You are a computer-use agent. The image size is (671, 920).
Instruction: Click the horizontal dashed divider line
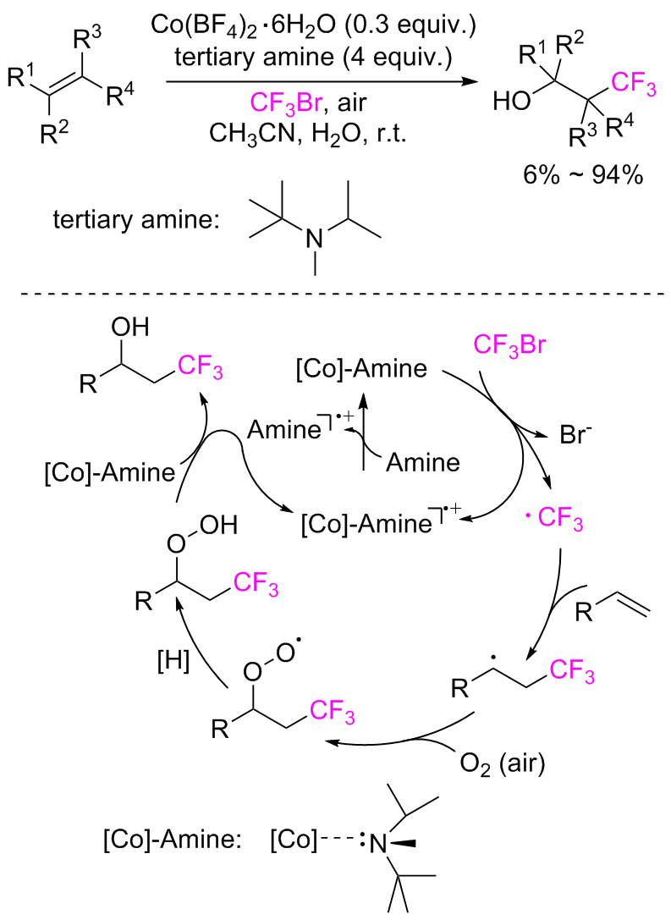[x=335, y=293]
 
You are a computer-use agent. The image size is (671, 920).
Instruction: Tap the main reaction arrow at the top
[x=317, y=83]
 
